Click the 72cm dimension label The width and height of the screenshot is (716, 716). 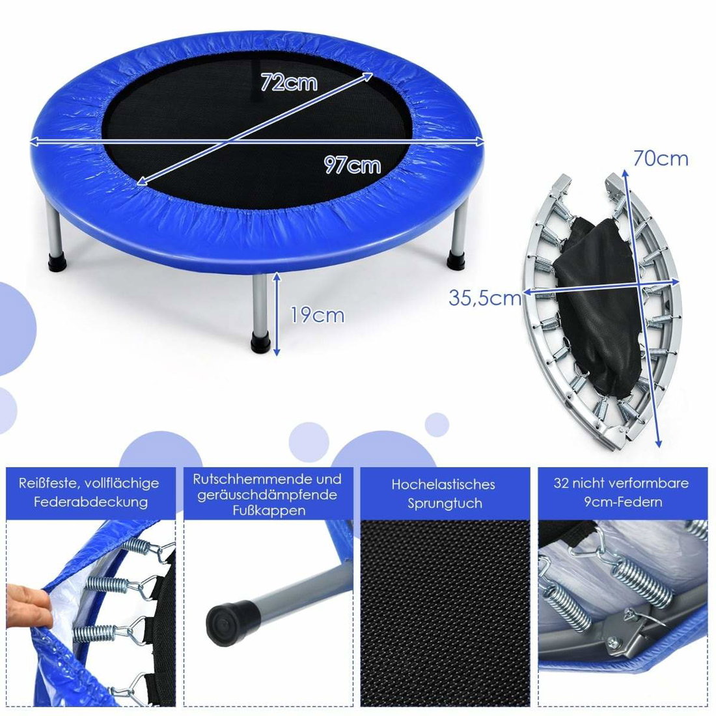(x=288, y=82)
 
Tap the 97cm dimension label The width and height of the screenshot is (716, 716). (x=352, y=165)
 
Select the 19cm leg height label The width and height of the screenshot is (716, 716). (x=318, y=315)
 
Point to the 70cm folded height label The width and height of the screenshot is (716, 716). (x=660, y=158)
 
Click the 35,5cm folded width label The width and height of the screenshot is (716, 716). (x=485, y=298)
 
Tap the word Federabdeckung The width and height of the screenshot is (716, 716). (x=91, y=503)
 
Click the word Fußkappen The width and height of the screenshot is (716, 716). (x=269, y=510)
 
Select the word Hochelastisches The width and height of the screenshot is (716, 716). (x=443, y=484)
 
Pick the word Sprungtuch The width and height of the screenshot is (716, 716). (x=445, y=503)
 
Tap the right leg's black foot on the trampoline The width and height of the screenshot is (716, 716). (x=457, y=262)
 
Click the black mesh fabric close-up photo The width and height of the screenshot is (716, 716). (x=445, y=613)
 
